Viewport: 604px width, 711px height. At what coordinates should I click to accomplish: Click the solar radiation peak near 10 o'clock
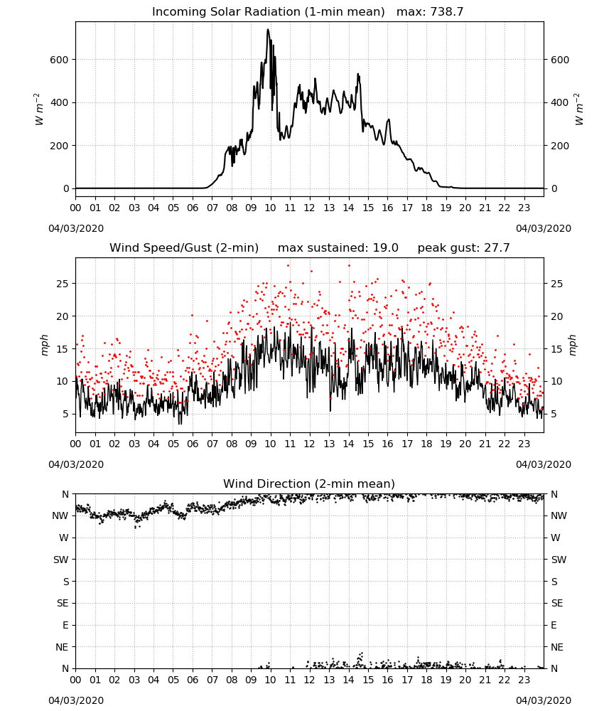pos(268,30)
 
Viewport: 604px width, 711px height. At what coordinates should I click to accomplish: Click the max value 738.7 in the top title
pos(446,12)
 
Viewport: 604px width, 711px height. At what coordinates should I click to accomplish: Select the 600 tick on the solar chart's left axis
pos(60,60)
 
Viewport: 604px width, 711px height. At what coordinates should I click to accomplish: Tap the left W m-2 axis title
pos(39,109)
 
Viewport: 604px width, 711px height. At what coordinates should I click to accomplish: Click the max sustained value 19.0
pos(386,248)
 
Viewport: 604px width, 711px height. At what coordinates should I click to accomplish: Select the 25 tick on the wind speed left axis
pos(62,284)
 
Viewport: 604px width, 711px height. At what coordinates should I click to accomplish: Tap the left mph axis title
pos(44,345)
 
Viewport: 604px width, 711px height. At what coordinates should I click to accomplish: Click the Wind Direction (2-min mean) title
pos(309,483)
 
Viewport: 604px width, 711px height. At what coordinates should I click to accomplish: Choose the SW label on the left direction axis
pos(60,560)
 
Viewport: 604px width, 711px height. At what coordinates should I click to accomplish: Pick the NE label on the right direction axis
pos(557,647)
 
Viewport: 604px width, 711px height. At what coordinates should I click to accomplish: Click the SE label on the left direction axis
pos(63,603)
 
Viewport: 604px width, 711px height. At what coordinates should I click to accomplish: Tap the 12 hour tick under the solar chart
pos(310,208)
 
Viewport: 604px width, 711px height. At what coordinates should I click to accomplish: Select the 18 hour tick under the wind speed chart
pos(426,444)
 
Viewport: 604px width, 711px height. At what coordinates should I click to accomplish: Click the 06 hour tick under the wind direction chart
pos(193,680)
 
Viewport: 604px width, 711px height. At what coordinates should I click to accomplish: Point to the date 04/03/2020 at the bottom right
pos(544,700)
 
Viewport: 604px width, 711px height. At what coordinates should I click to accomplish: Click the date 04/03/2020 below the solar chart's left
pos(76,228)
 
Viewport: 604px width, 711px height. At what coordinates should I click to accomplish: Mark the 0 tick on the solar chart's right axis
pos(554,188)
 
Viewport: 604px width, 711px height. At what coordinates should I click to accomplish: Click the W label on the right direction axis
pos(556,538)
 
